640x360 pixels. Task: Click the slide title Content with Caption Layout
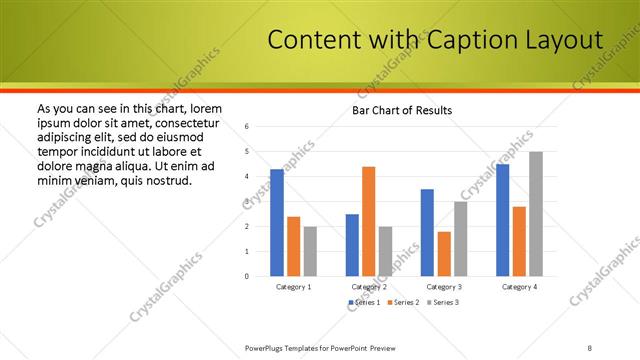436,40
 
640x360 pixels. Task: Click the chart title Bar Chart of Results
401,110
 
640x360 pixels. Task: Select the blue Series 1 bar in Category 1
277,222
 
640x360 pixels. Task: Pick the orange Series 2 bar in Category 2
368,221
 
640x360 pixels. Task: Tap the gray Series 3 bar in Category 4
536,214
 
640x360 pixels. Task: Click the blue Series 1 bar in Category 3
427,232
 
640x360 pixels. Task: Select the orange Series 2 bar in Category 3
444,254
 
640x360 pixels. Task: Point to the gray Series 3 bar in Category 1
310,251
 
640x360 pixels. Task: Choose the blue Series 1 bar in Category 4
502,220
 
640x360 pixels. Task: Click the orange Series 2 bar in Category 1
293,246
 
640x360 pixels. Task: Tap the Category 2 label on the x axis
369,287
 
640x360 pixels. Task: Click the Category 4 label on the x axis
519,287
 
